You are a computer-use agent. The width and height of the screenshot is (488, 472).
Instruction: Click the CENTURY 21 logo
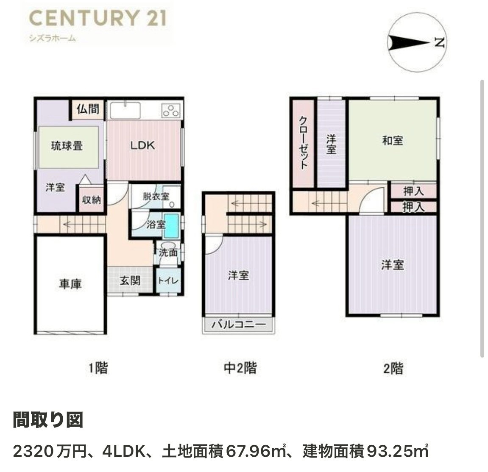tap(98, 18)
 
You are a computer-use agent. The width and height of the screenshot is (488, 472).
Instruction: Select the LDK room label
tap(142, 145)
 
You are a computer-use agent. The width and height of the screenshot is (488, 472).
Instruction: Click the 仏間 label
tap(88, 109)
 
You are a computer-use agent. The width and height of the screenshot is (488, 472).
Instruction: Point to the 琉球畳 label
tap(67, 146)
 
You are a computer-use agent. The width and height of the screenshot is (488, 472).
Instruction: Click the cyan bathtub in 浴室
tap(171, 225)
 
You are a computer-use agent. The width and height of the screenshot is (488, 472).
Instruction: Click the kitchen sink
tap(125, 110)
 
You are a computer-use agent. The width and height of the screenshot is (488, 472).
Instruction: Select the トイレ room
tap(168, 281)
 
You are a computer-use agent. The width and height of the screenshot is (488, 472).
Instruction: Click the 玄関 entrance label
tap(130, 280)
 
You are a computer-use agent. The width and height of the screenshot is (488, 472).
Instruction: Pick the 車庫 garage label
tap(70, 284)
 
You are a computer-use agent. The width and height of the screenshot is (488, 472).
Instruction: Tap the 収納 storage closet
tap(91, 199)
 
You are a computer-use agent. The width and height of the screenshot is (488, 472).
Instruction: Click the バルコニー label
tap(239, 325)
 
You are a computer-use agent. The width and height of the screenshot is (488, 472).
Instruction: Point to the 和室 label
tap(393, 141)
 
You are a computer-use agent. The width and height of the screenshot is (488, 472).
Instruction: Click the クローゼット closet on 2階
tap(304, 143)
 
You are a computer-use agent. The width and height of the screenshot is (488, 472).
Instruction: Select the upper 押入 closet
tap(414, 191)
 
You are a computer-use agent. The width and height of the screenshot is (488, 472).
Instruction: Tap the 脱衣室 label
tap(156, 197)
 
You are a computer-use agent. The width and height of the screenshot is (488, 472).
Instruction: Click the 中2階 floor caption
tap(240, 368)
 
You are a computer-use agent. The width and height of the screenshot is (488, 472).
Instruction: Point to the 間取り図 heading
tap(48, 420)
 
